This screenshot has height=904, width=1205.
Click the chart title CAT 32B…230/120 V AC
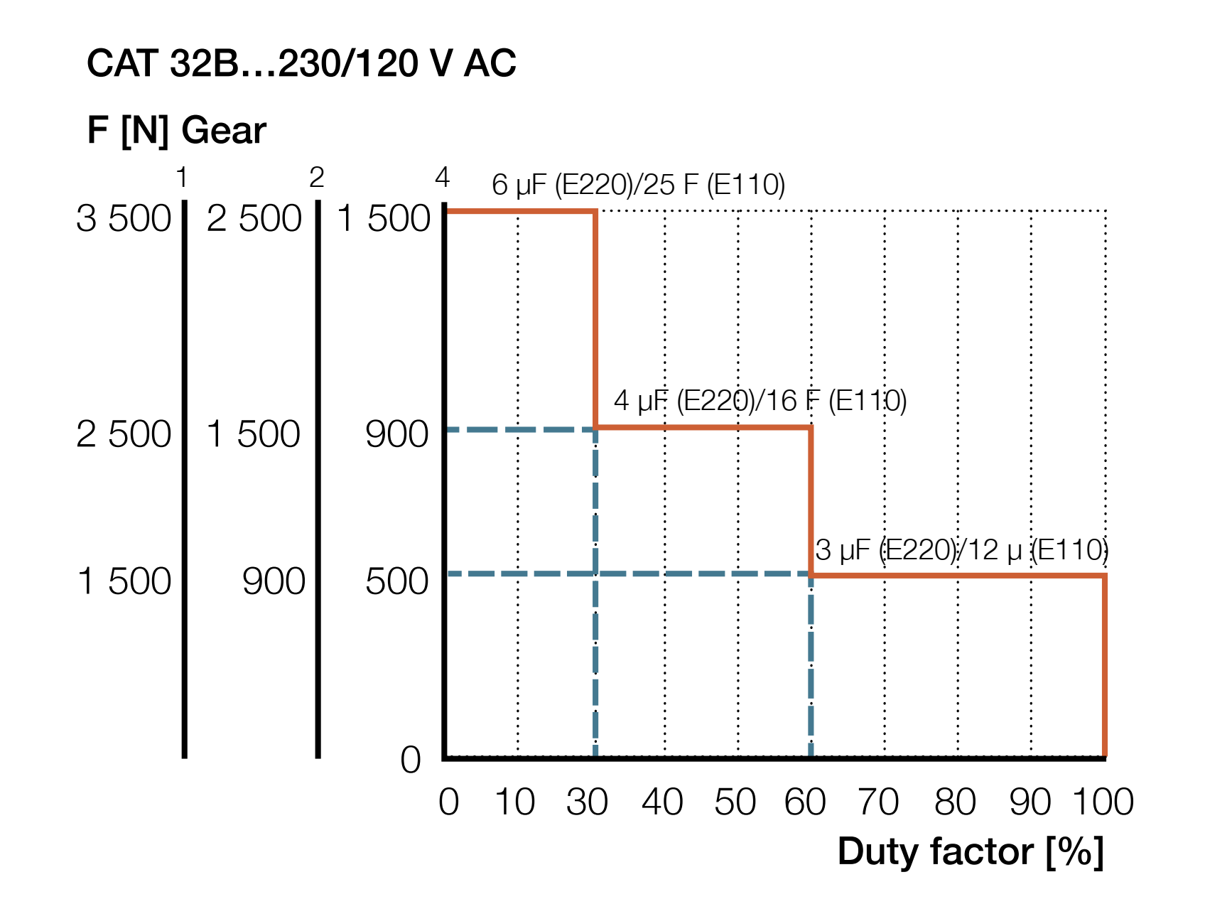point(301,64)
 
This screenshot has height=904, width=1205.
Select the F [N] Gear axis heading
point(176,131)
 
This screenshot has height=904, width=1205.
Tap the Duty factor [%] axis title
point(971,851)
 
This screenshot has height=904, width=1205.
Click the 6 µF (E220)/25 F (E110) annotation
point(638,185)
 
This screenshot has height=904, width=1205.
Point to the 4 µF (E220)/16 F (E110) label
point(760,401)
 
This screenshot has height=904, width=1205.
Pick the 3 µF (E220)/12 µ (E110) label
point(961,550)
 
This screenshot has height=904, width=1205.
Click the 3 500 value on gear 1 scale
point(124,219)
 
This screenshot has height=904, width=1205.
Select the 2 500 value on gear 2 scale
point(254,219)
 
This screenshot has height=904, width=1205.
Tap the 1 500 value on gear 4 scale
point(384,219)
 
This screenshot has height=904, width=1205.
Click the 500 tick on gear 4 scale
point(396,581)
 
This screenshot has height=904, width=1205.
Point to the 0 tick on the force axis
point(411,760)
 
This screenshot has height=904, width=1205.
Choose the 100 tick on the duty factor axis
point(1103,802)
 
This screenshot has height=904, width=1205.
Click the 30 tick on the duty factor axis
point(587,802)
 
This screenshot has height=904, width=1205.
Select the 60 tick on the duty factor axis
point(805,802)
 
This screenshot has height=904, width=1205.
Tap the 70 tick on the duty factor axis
point(878,802)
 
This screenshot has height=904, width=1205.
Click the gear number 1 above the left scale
point(183,178)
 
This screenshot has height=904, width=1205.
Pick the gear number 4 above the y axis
point(443,178)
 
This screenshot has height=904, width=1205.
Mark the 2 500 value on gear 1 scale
point(124,434)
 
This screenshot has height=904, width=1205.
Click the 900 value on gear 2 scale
point(274,581)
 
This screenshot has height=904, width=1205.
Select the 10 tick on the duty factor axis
point(514,802)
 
